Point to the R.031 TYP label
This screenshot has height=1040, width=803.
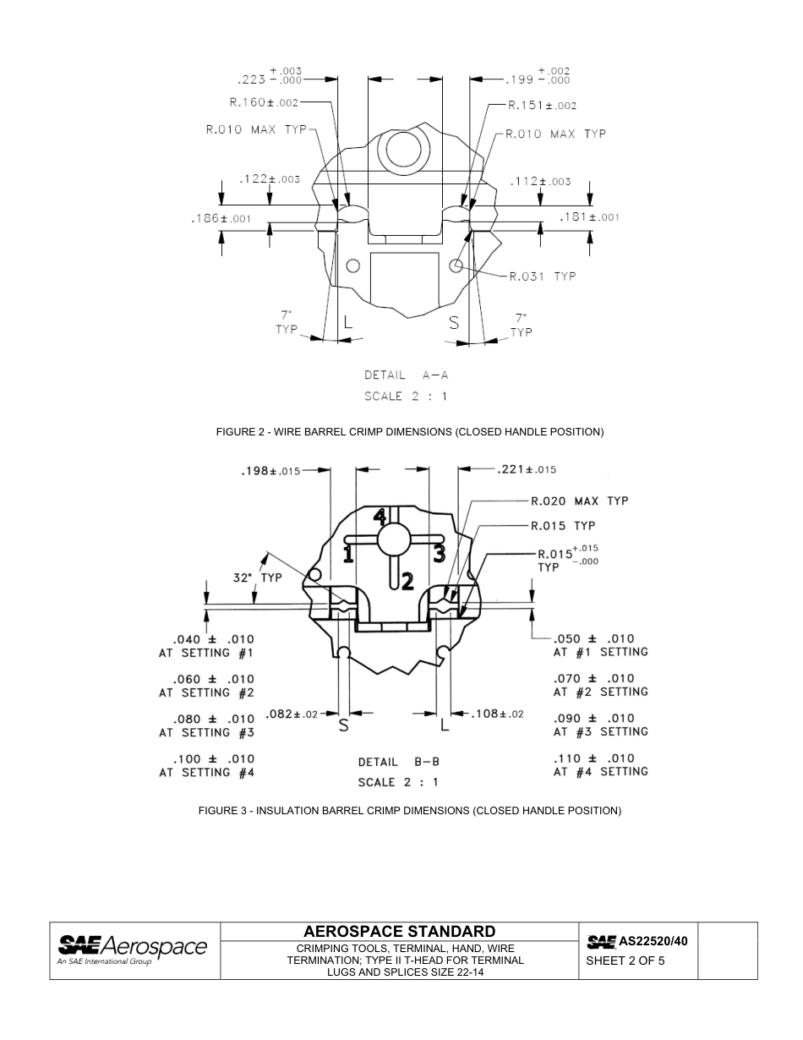(540, 276)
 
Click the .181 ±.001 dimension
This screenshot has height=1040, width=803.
(590, 217)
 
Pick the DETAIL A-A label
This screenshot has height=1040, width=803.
(406, 375)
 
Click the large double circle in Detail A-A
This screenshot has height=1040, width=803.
(403, 150)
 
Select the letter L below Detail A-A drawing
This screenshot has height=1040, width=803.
(347, 321)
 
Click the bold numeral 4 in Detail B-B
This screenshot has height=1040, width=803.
(381, 516)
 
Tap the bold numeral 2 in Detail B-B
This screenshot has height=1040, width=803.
(407, 581)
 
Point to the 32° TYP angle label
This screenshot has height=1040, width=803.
(257, 577)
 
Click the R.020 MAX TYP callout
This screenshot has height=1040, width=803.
(579, 501)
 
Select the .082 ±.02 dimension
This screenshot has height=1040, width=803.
(291, 714)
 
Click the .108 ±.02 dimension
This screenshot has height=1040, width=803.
(497, 714)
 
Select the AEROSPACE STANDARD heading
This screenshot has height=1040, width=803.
(399, 932)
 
